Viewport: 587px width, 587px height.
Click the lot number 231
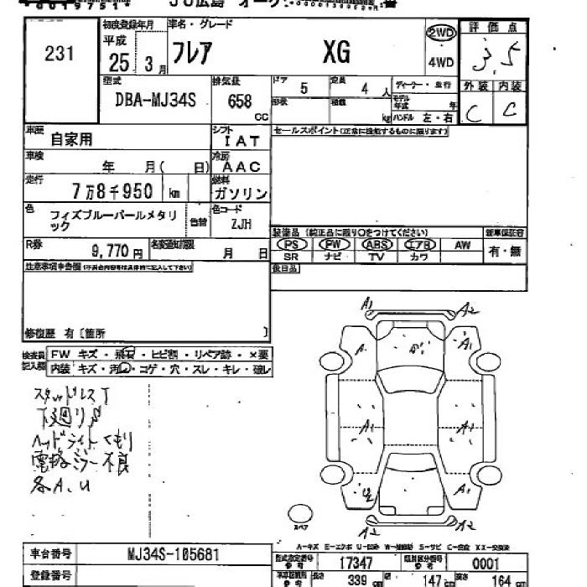(60, 54)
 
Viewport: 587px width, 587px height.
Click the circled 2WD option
(441, 34)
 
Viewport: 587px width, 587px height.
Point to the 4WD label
(440, 63)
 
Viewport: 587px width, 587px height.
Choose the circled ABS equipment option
(377, 244)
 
